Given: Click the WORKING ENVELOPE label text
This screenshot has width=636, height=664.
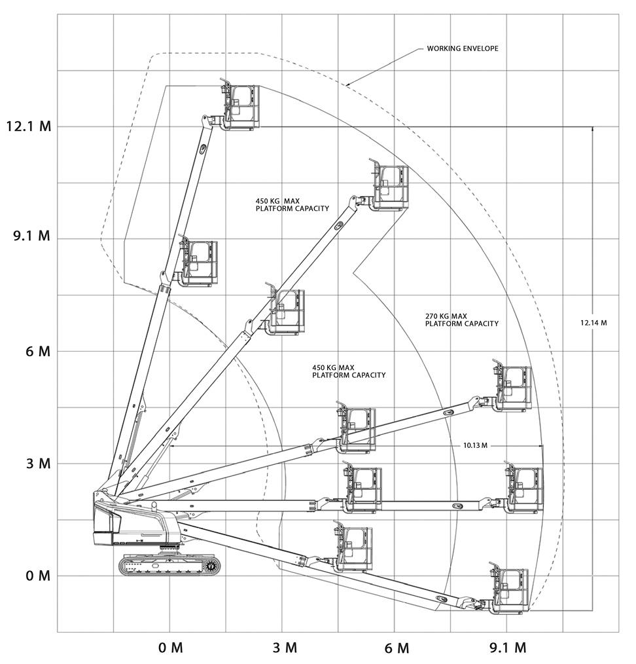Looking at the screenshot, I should pos(463,49).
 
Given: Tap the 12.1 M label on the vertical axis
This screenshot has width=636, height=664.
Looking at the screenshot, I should pos(28,126).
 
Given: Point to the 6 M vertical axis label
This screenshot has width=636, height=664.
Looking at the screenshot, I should pos(38,352).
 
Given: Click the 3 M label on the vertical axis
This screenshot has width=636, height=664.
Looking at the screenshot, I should pos(38,464).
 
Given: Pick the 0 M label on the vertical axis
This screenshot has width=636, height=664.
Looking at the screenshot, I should pos(38,576).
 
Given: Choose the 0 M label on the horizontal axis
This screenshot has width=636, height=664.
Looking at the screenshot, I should pos(171,648).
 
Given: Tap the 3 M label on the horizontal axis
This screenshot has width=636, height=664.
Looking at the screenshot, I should pos(284,648).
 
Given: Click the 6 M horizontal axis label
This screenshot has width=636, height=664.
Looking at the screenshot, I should pos(397,648).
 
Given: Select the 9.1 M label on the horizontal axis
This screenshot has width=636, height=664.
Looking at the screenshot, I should pos(508,648).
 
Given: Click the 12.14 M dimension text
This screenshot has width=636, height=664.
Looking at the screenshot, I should pos(593,323).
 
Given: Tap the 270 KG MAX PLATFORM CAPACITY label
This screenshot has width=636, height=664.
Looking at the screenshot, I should pos(461,320).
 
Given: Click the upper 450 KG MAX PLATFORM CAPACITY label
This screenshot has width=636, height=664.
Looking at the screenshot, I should pos(292,204).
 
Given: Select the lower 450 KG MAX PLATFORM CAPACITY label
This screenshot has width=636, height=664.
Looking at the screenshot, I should pos(349,371).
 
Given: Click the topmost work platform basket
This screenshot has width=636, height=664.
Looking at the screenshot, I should pos(241,107).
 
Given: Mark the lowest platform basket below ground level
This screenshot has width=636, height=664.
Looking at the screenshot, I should pos(510,591).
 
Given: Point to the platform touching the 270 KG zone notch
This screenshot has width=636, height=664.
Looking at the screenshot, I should pos(389,188).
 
